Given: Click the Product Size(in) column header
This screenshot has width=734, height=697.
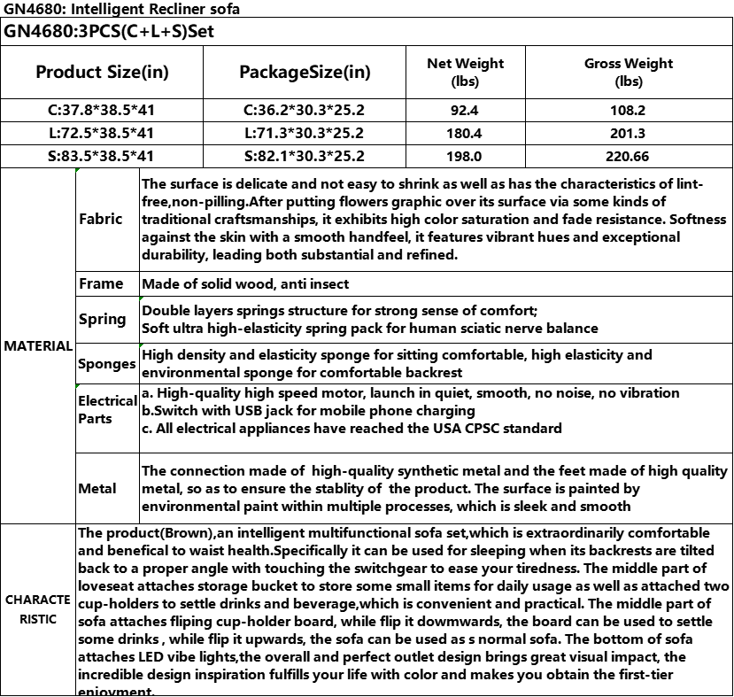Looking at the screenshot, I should click(x=102, y=72).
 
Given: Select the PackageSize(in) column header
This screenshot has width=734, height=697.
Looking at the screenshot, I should click(x=305, y=72).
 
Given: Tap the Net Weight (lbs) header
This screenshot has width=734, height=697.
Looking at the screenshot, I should click(x=465, y=72).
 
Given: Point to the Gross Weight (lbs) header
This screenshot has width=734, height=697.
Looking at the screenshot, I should click(x=629, y=72).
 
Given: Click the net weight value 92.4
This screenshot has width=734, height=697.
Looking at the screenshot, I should click(x=465, y=111).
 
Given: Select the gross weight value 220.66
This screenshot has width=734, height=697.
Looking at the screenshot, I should click(x=629, y=157).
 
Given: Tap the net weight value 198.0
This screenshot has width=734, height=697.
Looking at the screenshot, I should click(x=465, y=157).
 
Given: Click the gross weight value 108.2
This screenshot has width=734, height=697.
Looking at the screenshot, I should click(x=629, y=111).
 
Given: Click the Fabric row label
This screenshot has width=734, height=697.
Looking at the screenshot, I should click(x=101, y=219).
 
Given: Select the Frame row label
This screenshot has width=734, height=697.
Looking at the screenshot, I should click(x=101, y=283).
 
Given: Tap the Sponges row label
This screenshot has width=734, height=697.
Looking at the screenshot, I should click(x=107, y=363).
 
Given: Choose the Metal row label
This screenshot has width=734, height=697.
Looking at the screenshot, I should click(x=97, y=488).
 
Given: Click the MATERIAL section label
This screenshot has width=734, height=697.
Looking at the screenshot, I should click(x=38, y=345).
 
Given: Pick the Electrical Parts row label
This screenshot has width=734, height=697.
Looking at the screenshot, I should click(x=107, y=409).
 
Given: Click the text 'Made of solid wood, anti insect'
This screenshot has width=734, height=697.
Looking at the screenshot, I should click(x=245, y=283).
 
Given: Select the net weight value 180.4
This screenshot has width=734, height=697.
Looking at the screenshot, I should click(x=465, y=134).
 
